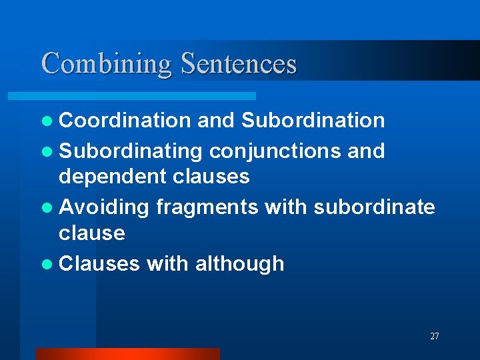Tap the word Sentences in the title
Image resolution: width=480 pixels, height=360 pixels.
pyautogui.click(x=238, y=63)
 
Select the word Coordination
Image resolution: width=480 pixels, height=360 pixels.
pyautogui.click(x=125, y=121)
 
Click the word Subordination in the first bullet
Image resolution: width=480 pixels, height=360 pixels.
pyautogui.click(x=313, y=121)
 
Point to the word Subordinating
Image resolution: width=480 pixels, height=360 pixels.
pyautogui.click(x=130, y=151)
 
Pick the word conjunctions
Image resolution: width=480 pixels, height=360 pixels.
pyautogui.click(x=275, y=151)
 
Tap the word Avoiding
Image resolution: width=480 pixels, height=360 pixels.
pyautogui.click(x=104, y=207)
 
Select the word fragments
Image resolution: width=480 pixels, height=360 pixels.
pyautogui.click(x=207, y=207)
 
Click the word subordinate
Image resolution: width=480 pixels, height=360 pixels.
pyautogui.click(x=374, y=207)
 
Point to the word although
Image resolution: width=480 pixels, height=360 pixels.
pyautogui.click(x=239, y=264)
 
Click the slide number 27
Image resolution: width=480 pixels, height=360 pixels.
pyautogui.click(x=435, y=337)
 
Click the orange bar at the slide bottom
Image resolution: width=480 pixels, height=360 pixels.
pyautogui.click(x=127, y=354)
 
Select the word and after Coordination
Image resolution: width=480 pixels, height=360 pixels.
pyautogui.click(x=216, y=121)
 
